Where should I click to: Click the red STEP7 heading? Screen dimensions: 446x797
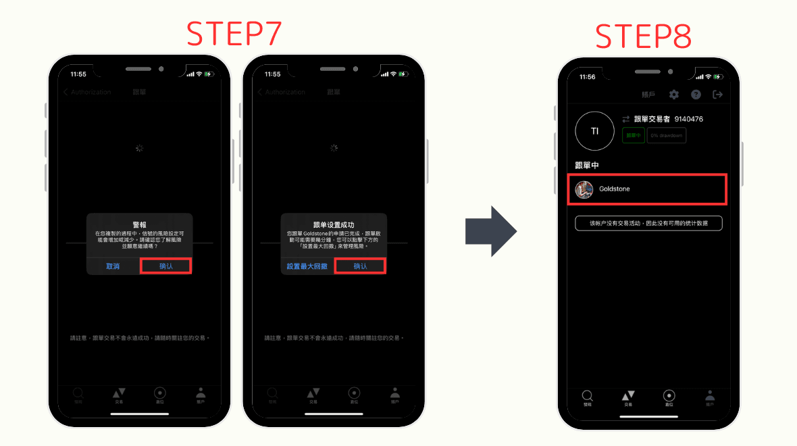[234, 34]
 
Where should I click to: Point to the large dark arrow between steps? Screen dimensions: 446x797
[491, 231]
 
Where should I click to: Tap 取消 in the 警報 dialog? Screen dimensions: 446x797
[113, 266]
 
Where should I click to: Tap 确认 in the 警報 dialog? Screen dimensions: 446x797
[166, 266]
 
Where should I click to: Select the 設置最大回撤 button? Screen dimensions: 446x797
[307, 266]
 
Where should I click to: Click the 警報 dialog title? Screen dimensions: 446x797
[139, 224]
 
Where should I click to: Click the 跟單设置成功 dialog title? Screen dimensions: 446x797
[334, 224]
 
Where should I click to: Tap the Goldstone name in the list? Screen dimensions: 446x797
[614, 189]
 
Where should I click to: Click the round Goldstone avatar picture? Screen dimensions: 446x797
[584, 189]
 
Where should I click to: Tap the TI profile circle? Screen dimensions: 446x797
[594, 131]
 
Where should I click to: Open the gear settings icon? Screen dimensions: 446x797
[673, 95]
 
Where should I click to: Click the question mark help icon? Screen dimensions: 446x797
[696, 95]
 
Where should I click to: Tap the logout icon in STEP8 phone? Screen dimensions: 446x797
[717, 95]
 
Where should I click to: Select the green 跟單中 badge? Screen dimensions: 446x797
[633, 136]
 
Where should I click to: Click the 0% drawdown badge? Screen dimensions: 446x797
[666, 136]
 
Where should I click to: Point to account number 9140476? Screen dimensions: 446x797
[688, 119]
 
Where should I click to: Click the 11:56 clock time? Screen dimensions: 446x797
[587, 77]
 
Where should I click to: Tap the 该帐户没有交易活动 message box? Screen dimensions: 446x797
[648, 223]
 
